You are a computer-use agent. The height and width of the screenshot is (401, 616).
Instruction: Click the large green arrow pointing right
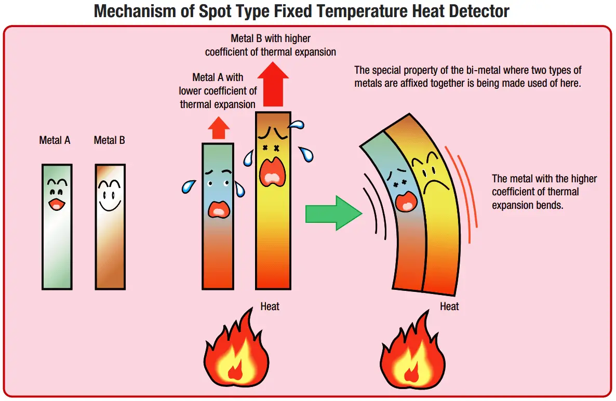tap(333, 213)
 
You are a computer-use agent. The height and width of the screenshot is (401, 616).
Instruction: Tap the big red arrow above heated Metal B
tap(273, 85)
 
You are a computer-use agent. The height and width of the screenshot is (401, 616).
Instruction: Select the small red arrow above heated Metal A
tap(219, 128)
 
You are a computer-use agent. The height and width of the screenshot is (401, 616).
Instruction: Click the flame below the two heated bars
tap(236, 350)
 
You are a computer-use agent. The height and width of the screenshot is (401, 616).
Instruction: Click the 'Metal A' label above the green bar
tap(55, 140)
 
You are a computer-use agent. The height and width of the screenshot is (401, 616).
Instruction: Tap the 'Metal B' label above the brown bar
tap(109, 140)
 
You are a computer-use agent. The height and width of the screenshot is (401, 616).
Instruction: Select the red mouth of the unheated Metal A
tap(57, 204)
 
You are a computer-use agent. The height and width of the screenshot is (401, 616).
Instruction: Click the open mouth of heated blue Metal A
tap(219, 209)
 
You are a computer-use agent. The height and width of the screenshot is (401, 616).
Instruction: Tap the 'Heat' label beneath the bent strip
tap(449, 306)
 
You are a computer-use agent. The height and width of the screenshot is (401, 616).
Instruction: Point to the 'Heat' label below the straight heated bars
tap(270, 306)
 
